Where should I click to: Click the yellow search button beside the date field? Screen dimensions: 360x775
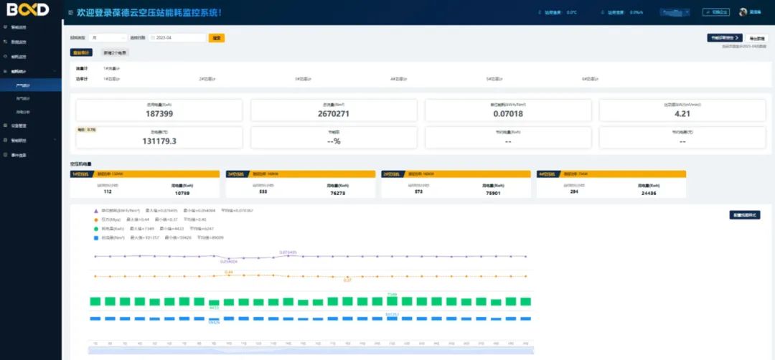click(217, 37)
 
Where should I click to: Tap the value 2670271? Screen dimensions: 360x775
click(334, 114)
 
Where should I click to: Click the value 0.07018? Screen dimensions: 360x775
click(508, 114)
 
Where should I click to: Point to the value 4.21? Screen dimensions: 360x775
click(682, 114)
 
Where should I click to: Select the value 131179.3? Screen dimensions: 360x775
click(159, 141)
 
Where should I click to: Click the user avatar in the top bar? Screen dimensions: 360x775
click(743, 12)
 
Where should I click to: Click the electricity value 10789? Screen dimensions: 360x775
click(182, 193)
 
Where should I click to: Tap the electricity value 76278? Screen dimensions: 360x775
click(337, 193)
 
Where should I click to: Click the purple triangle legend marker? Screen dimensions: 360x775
click(96, 211)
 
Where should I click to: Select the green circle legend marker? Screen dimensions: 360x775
click(96, 228)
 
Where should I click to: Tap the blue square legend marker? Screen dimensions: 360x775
click(96, 237)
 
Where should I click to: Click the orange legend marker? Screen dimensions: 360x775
click(96, 219)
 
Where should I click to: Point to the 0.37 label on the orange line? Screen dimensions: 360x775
click(347, 280)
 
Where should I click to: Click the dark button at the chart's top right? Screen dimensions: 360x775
click(745, 214)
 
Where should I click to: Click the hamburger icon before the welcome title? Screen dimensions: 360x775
click(70, 13)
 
